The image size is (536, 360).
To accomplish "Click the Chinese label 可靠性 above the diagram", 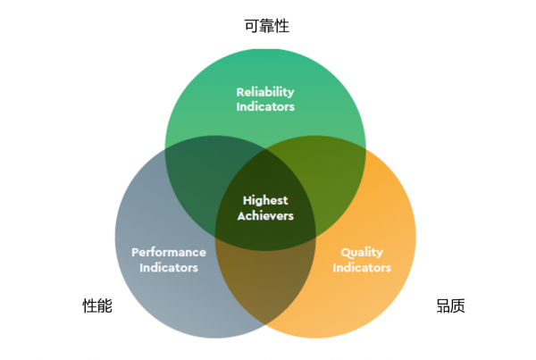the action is pos(266,26).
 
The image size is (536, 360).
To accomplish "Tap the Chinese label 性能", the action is pos(97,306).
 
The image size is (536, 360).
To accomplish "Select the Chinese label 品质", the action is pos(450,306).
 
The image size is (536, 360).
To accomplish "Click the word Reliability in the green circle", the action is pos(265,92).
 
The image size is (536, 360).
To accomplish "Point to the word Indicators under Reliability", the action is pos(265,106).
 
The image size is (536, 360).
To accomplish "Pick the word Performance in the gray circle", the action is pos(169,252).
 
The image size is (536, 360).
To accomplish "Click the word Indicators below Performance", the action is pos(169,267).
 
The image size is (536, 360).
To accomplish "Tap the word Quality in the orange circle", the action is pos(362,253).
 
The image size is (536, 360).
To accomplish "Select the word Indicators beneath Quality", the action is pos(362,267).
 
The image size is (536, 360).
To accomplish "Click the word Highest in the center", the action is pos(265,201).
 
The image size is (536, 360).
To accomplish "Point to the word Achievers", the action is pos(265,215).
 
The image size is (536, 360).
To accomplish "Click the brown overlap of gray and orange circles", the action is pos(265,284).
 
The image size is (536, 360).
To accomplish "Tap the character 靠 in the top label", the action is pos(266,26).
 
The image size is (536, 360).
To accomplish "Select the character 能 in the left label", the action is pos(105,306).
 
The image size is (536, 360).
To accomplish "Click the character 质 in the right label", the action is pos(458,306).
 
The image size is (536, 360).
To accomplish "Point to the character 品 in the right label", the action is pos(443,306).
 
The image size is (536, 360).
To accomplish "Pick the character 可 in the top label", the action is pos(252,26).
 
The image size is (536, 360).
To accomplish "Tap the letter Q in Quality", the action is pos(346,253).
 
